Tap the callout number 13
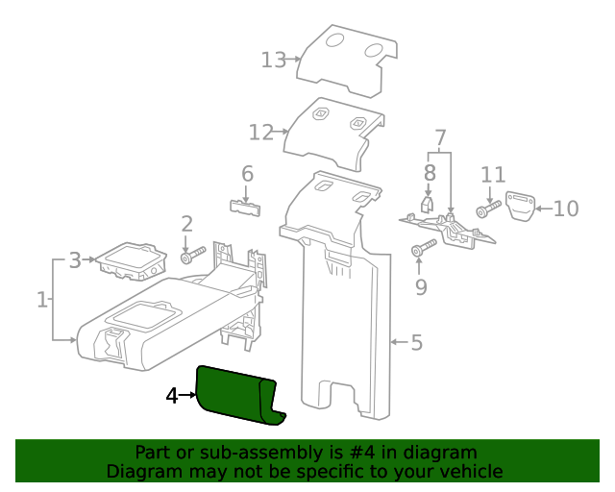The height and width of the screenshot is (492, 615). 274,61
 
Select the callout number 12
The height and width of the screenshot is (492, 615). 261,132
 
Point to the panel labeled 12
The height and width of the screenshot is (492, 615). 332,130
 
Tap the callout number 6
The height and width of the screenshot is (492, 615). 247,174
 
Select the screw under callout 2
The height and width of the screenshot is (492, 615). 192,257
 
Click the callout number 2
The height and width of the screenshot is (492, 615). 187,224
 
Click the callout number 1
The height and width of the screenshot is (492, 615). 42,300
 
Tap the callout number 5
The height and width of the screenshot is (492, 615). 416,342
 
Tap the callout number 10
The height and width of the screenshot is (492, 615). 566,208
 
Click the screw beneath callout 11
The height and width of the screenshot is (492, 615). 488,209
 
